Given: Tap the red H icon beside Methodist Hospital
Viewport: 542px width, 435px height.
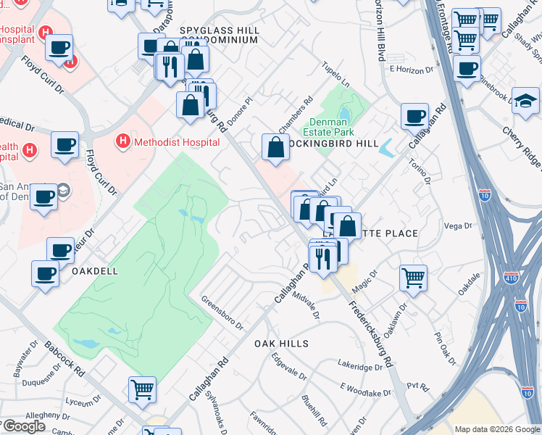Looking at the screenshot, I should pyautogui.click(x=123, y=141).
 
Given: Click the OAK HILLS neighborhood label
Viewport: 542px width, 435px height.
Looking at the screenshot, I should pyautogui.click(x=281, y=344).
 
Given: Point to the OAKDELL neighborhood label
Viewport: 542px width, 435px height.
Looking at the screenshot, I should pyautogui.click(x=95, y=270).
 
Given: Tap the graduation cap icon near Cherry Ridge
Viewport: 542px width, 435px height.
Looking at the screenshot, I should pyautogui.click(x=525, y=100).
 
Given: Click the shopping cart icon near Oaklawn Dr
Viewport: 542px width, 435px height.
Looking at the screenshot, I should pyautogui.click(x=412, y=276).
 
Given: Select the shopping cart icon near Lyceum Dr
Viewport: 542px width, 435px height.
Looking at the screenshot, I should pyautogui.click(x=142, y=389).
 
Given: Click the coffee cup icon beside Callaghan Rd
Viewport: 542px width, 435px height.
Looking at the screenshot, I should pyautogui.click(x=415, y=116).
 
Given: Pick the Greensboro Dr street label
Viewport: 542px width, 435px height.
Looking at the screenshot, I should pyautogui.click(x=222, y=312).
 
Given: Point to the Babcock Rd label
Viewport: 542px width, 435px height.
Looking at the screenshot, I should pyautogui.click(x=64, y=360).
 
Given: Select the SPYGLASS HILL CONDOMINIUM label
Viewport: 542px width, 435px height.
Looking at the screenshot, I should pyautogui.click(x=218, y=35).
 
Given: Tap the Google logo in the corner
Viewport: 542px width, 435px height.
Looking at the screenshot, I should pyautogui.click(x=23, y=426).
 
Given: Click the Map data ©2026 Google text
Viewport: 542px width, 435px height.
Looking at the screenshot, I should pyautogui.click(x=496, y=429).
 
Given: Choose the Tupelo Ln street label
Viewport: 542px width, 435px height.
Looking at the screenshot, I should pyautogui.click(x=335, y=75).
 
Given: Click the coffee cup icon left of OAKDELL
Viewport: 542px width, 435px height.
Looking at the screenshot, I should pyautogui.click(x=46, y=273).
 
